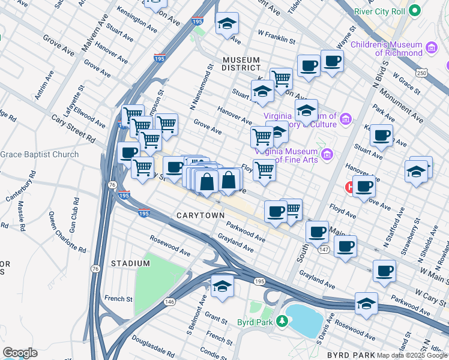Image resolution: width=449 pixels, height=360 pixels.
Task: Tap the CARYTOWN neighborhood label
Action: pos(200,215)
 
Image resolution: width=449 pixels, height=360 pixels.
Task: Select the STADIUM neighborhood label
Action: pos(130,263)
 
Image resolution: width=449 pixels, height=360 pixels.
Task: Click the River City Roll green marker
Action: pos(414,11)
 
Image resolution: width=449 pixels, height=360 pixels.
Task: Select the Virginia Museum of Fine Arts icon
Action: pos(327,155)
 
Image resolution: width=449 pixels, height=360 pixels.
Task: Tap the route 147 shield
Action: pos(323,249)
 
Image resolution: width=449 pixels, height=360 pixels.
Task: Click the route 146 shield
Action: pos(170,302)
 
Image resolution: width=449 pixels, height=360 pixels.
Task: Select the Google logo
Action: pos(20,352)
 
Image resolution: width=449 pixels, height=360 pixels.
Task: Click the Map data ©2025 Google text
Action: pos(413,355)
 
